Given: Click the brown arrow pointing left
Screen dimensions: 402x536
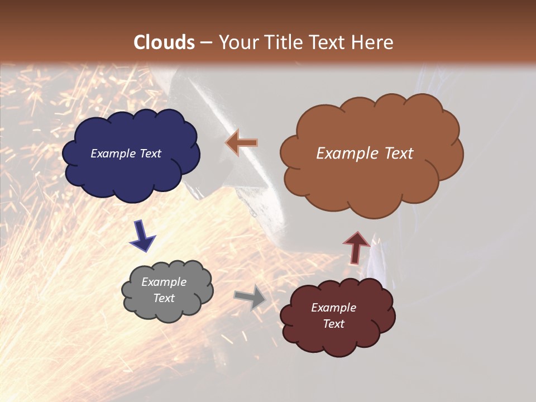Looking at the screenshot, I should coord(242,142).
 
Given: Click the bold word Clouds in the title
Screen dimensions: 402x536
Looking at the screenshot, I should coord(164,42).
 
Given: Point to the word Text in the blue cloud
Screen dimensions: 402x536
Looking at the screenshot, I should coord(150,154).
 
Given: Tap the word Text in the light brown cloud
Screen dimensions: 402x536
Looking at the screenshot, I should coord(398,154).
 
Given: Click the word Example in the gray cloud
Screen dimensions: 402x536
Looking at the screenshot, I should coord(164,282).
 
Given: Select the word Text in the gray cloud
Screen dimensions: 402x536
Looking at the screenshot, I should coord(164,298).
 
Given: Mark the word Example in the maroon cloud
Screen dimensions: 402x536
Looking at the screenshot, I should coord(334,308).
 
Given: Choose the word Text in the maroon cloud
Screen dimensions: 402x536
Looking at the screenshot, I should coord(334,324).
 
